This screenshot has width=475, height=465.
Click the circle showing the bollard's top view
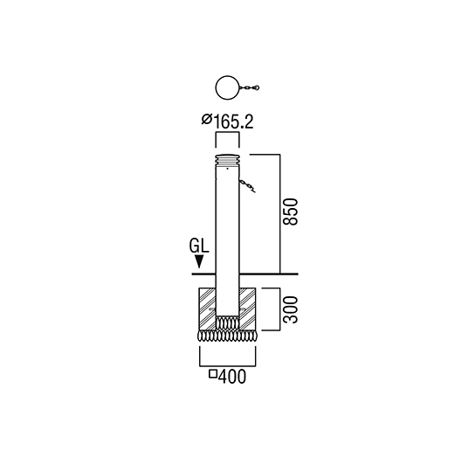(216, 88)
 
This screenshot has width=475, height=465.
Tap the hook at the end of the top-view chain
(257, 88)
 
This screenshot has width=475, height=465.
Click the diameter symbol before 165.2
(207, 119)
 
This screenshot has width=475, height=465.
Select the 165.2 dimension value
(233, 122)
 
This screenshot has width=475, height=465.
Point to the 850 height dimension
(290, 212)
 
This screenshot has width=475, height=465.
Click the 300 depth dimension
(290, 309)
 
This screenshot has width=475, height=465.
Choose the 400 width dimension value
(232, 377)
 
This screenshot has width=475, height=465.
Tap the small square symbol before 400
(213, 374)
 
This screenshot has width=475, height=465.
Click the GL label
(199, 246)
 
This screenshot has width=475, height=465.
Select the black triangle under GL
(199, 261)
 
